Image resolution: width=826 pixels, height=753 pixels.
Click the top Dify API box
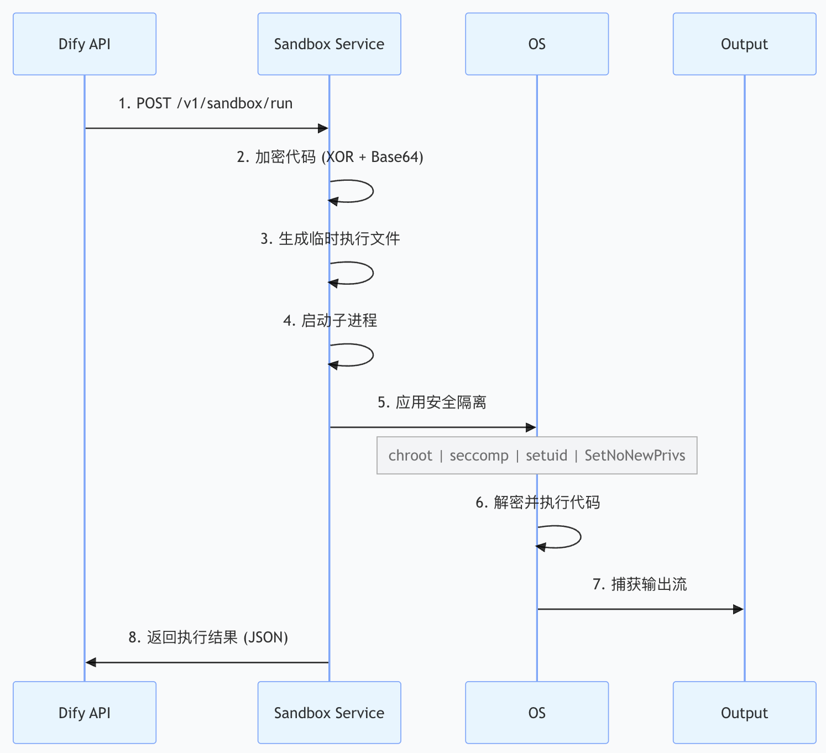(x=85, y=44)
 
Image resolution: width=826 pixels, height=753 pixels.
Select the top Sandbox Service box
(x=329, y=44)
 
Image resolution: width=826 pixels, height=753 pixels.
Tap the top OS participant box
(x=537, y=44)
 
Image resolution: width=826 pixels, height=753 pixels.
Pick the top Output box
(x=744, y=44)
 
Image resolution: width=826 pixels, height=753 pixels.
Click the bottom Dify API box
(x=85, y=713)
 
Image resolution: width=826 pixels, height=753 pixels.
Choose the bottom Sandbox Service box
(x=329, y=713)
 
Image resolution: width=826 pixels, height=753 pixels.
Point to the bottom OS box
(x=537, y=713)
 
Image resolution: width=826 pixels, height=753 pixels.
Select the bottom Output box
(x=744, y=713)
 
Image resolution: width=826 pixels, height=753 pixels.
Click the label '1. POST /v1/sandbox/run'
(x=206, y=103)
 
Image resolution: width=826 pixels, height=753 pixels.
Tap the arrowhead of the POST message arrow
(x=323, y=128)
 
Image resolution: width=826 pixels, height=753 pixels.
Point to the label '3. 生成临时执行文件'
(x=330, y=239)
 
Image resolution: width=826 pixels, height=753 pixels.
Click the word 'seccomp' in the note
(x=479, y=456)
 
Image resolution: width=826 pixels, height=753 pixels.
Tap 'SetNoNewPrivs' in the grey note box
(x=635, y=456)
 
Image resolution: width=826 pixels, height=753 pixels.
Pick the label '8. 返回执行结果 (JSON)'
(x=208, y=637)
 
